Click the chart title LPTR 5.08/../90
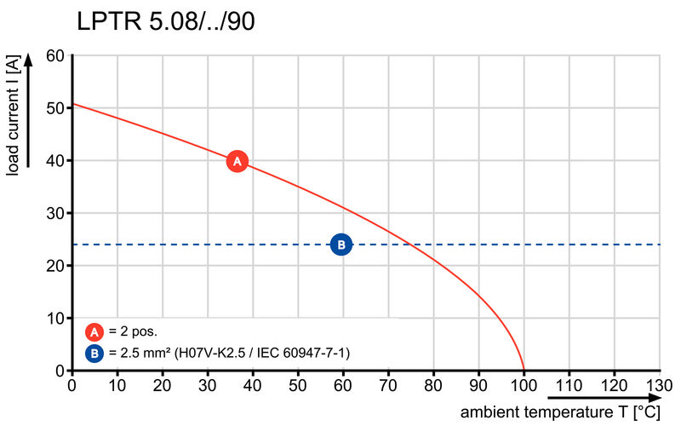[166, 21]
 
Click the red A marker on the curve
[237, 161]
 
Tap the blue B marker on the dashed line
[340, 245]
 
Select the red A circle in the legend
[94, 332]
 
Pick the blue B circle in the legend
[94, 352]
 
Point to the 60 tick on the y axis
[54, 56]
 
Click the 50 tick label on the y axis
[54, 108]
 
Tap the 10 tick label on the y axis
[54, 319]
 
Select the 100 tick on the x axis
[524, 384]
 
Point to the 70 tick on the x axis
[388, 384]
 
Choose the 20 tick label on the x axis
[163, 384]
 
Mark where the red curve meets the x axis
[524, 371]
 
